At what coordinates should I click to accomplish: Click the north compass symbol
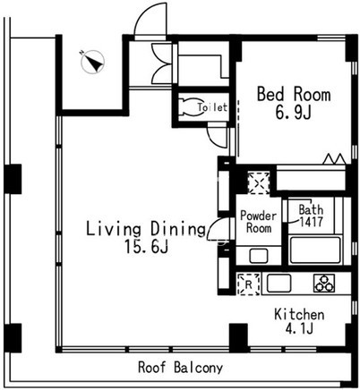(x=93, y=62)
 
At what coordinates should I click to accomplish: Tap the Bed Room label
(x=294, y=94)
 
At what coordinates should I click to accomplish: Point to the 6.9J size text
(x=294, y=113)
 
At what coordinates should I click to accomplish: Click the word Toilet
(x=212, y=107)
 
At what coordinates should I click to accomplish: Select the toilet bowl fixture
(x=190, y=106)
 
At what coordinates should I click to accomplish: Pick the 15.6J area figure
(x=146, y=246)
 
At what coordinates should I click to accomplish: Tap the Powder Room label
(x=259, y=222)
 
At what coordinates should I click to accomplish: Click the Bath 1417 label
(x=311, y=216)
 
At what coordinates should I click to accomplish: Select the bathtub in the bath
(x=315, y=250)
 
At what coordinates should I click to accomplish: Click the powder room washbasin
(x=259, y=256)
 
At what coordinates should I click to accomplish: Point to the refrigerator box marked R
(x=248, y=284)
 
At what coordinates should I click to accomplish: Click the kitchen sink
(x=279, y=284)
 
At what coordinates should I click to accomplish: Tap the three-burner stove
(x=324, y=284)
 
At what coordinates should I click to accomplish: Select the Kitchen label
(x=299, y=315)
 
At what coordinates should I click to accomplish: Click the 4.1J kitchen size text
(x=299, y=328)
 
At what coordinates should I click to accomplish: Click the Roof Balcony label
(x=180, y=368)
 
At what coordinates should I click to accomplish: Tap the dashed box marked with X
(x=259, y=183)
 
